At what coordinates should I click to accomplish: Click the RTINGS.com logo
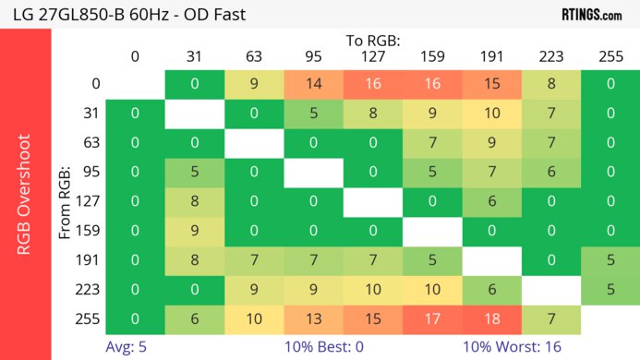tap(592, 14)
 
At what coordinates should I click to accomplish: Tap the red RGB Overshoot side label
tap(26, 192)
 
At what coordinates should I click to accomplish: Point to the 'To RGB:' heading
tap(372, 41)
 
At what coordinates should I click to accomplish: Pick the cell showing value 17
tap(431, 318)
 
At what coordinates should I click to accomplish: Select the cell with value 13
tap(313, 318)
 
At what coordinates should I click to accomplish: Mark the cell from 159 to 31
tap(195, 231)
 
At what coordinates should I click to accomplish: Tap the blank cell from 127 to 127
tap(372, 202)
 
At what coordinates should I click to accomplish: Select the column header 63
tap(254, 56)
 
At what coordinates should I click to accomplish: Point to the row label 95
tap(90, 173)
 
